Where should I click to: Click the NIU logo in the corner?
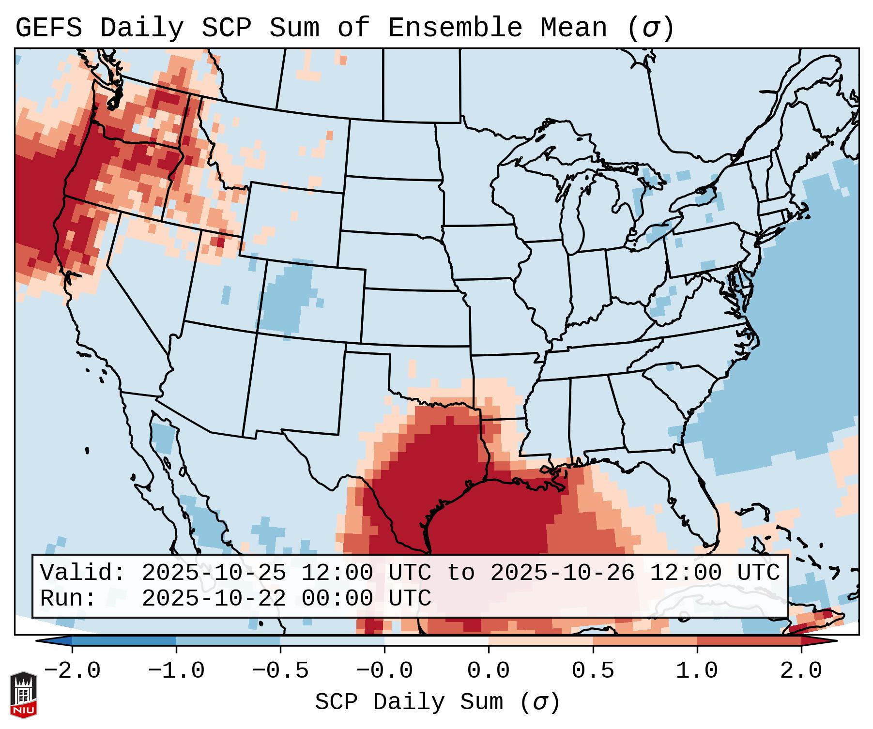23,695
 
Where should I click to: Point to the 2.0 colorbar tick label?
801,671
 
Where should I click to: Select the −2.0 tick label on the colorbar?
72,671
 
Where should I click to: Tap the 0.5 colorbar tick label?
593,671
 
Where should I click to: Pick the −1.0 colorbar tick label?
176,671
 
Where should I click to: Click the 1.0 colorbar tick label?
697,671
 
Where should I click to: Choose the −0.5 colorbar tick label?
280,671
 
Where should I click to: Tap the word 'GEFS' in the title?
48,28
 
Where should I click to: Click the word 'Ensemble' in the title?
455,28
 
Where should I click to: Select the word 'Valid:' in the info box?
83,573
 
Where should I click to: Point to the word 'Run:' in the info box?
68,599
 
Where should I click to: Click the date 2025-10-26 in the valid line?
562,573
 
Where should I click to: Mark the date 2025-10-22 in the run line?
214,599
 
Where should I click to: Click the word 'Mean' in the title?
574,28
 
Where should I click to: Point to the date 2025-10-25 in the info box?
214,573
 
